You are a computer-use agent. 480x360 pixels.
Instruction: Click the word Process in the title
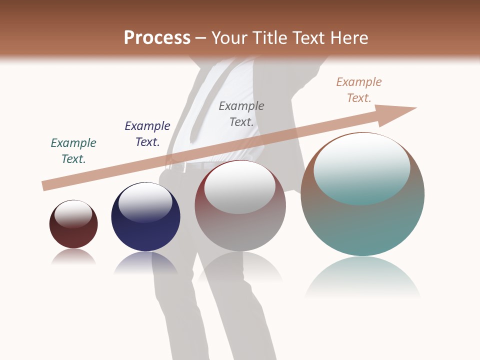(x=157, y=38)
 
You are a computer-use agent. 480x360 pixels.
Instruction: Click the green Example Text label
(x=73, y=150)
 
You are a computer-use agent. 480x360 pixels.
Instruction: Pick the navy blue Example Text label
(x=147, y=133)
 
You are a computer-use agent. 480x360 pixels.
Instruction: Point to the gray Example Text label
(x=241, y=113)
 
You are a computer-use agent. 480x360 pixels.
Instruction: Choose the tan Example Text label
(x=359, y=89)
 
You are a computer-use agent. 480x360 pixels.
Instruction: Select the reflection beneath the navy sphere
(x=145, y=263)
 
